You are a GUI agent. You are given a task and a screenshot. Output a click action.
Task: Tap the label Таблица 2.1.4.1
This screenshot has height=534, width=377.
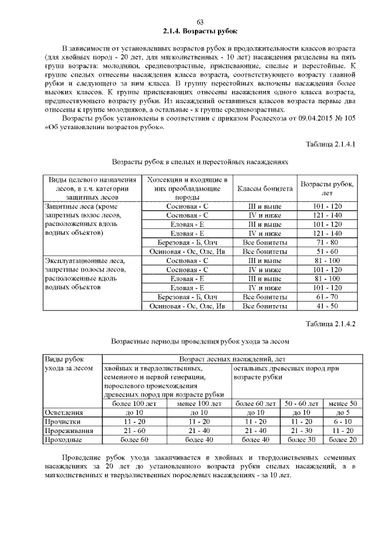[331, 144]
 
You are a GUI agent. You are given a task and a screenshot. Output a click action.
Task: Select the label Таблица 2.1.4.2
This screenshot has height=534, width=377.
[331, 324]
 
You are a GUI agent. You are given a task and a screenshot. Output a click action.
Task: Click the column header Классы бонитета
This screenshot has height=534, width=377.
[264, 189]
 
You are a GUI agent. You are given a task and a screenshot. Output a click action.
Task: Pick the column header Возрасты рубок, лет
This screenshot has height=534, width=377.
[327, 189]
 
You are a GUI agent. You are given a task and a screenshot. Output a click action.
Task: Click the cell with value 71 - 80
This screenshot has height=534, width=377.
[327, 243]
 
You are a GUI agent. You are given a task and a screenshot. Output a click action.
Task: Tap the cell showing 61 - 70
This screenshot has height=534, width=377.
[327, 297]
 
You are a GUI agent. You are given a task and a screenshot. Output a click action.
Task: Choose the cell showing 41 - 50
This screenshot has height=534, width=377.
[327, 306]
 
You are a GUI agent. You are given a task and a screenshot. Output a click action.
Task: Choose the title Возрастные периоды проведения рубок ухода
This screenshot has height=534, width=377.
[200, 341]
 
